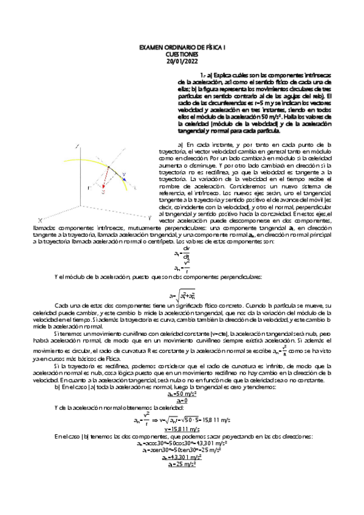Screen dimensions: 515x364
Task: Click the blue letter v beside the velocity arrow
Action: click(123, 173)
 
